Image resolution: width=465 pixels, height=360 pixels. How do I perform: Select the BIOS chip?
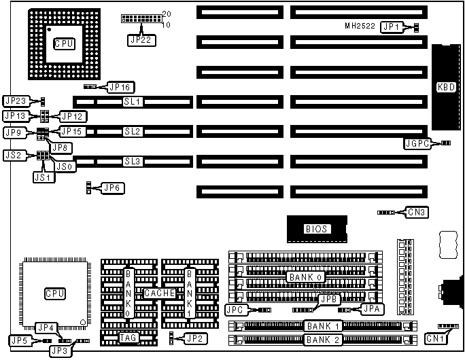(x=317, y=229)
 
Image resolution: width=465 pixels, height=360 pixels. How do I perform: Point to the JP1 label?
(x=391, y=26)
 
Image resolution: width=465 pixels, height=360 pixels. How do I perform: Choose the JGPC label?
(x=417, y=143)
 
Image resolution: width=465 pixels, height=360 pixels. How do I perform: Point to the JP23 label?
(x=16, y=101)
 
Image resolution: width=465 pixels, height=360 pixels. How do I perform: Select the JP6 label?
(x=114, y=186)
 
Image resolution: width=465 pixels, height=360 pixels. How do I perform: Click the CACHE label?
(x=159, y=293)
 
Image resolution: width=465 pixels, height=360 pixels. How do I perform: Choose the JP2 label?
(x=194, y=337)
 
